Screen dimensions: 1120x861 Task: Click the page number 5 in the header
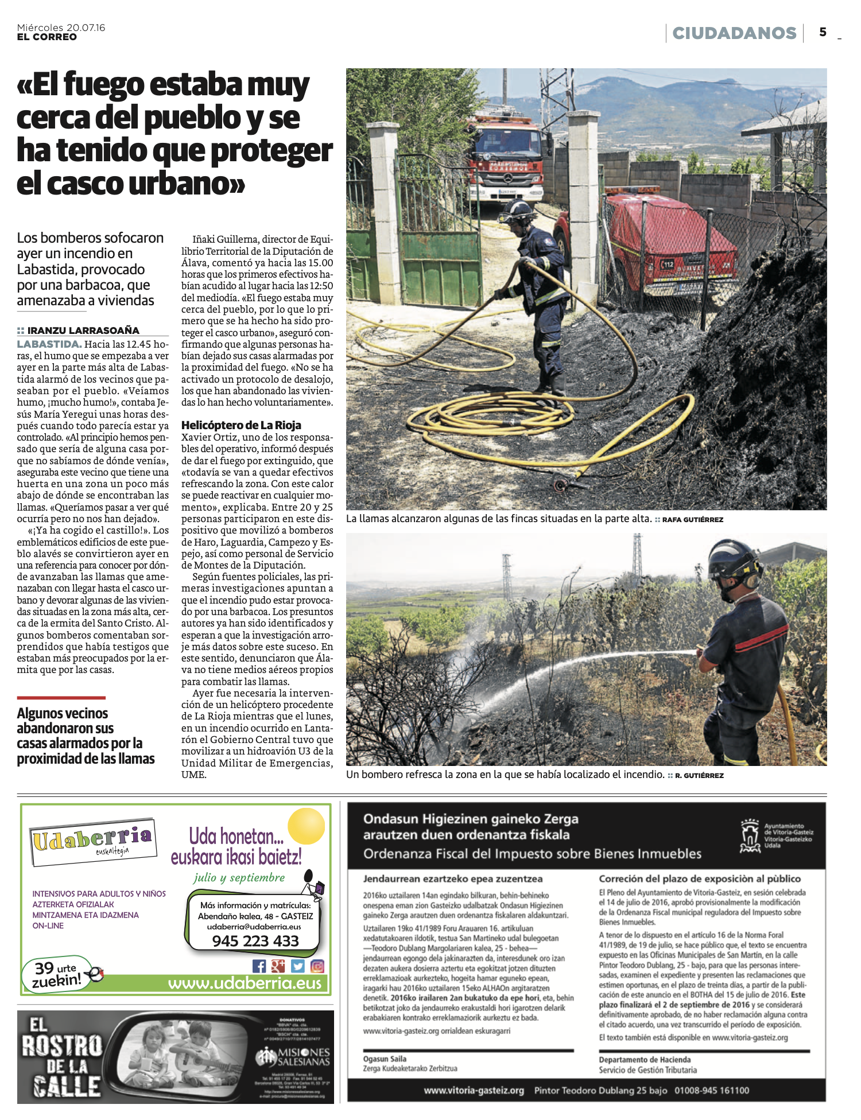tap(823, 33)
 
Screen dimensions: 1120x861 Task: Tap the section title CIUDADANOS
tap(734, 33)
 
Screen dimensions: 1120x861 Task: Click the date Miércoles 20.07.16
tap(61, 28)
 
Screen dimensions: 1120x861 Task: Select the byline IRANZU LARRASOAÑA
tap(83, 330)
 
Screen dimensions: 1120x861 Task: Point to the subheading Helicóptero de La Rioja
tap(241, 425)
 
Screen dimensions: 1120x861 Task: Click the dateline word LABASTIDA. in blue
tap(49, 344)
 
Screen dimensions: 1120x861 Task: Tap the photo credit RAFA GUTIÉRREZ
tap(693, 520)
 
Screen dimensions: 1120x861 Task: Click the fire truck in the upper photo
tap(505, 161)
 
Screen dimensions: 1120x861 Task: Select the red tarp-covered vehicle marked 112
tap(672, 247)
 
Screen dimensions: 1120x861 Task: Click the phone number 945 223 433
tap(255, 941)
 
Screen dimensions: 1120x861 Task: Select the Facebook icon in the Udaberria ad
tap(259, 966)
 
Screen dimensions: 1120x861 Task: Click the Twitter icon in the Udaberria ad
tap(297, 966)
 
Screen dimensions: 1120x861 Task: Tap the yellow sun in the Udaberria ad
tap(307, 826)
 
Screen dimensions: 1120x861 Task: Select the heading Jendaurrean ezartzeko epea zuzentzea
tap(453, 879)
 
